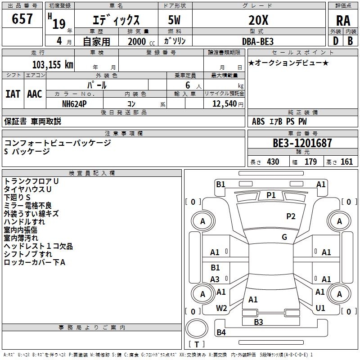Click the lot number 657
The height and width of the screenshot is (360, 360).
coord(22,19)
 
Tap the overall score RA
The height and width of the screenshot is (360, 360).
coord(343,20)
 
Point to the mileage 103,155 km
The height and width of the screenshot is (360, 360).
coord(53,64)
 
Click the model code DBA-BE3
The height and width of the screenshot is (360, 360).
coord(258,40)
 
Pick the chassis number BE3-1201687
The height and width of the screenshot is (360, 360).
coord(302,143)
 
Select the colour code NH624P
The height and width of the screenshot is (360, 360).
coord(75,103)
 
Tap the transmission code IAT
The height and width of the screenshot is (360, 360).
coord(13,94)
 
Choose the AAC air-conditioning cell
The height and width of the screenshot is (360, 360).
coord(35,94)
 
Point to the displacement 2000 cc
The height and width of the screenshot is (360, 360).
coord(140,41)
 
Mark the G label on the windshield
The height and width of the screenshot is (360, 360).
coord(284,237)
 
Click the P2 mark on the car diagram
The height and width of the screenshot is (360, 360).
coord(291,216)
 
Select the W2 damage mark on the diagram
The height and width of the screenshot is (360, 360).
coord(221,308)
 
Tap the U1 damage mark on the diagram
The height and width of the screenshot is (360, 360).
coord(320,308)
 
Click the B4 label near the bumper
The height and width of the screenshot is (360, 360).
coord(221,332)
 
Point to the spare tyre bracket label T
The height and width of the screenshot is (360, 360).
coord(197,345)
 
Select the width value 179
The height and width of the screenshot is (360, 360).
coord(310,162)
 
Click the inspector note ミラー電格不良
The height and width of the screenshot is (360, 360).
coord(27,206)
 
